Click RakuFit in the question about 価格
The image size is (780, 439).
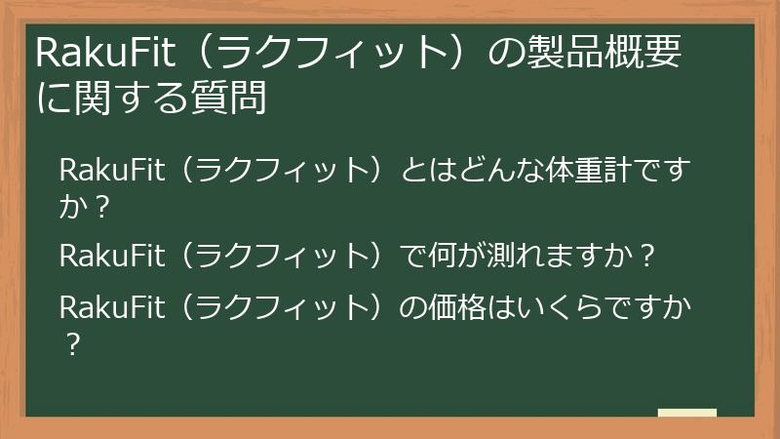pyautogui.click(x=104, y=307)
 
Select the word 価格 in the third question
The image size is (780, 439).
pyautogui.click(x=459, y=307)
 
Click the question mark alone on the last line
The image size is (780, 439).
pyautogui.click(x=69, y=343)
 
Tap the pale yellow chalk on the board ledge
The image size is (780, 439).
pyautogui.click(x=686, y=414)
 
